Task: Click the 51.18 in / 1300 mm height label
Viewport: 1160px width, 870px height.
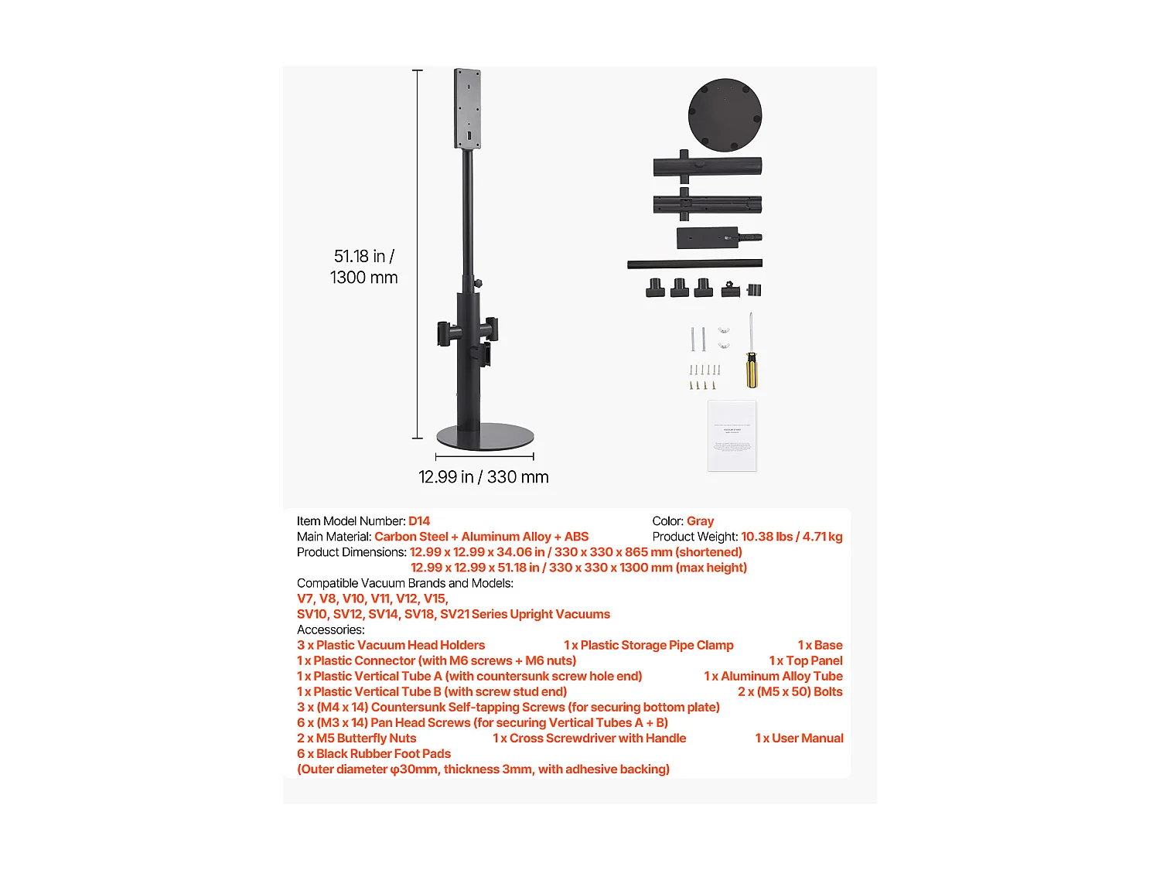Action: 363,267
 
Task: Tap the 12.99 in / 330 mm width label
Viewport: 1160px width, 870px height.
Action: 483,477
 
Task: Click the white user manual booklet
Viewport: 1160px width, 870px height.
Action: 732,435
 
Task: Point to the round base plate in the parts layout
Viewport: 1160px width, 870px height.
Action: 725,114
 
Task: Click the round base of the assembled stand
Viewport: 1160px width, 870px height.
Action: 485,437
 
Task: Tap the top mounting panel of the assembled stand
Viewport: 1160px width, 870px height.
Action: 468,108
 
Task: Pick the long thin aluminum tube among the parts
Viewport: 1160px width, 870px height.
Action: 694,264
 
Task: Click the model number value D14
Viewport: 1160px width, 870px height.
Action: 419,521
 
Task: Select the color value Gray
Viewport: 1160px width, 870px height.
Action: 700,521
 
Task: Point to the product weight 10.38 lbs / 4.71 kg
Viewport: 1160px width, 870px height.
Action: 791,537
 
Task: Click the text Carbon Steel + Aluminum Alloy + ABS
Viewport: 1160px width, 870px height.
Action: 481,537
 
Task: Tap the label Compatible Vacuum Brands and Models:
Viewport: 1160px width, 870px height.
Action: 405,583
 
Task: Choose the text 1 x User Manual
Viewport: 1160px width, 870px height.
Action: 799,739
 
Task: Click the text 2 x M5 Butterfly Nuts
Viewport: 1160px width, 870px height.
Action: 357,739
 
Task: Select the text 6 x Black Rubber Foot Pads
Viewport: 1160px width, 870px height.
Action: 374,754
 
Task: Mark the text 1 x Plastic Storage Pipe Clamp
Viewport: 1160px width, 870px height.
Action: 648,646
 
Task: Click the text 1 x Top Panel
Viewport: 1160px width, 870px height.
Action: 806,661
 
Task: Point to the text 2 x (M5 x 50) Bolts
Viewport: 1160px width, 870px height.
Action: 790,692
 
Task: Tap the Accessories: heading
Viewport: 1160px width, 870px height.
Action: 331,630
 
